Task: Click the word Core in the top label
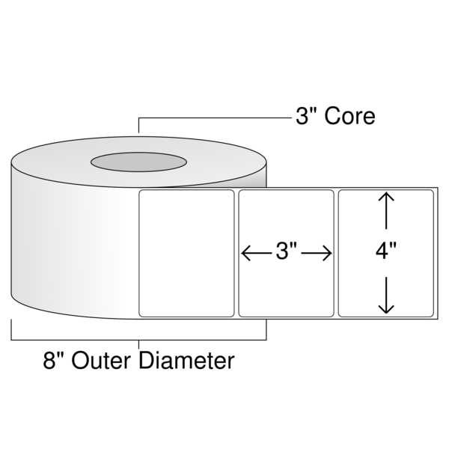coord(349,116)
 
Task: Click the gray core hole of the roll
coord(139,162)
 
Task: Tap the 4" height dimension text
coord(386,251)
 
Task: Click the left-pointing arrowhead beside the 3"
coord(246,253)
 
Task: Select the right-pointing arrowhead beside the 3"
coord(327,253)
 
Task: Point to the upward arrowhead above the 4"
coord(386,197)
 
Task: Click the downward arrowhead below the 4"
coord(386,308)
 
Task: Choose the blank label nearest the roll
coord(186,254)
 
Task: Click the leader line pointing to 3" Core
coord(215,117)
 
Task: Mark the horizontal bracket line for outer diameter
coord(139,340)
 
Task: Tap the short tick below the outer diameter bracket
coord(139,344)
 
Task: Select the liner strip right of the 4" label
coord(436,254)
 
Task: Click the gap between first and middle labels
coord(236,254)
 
